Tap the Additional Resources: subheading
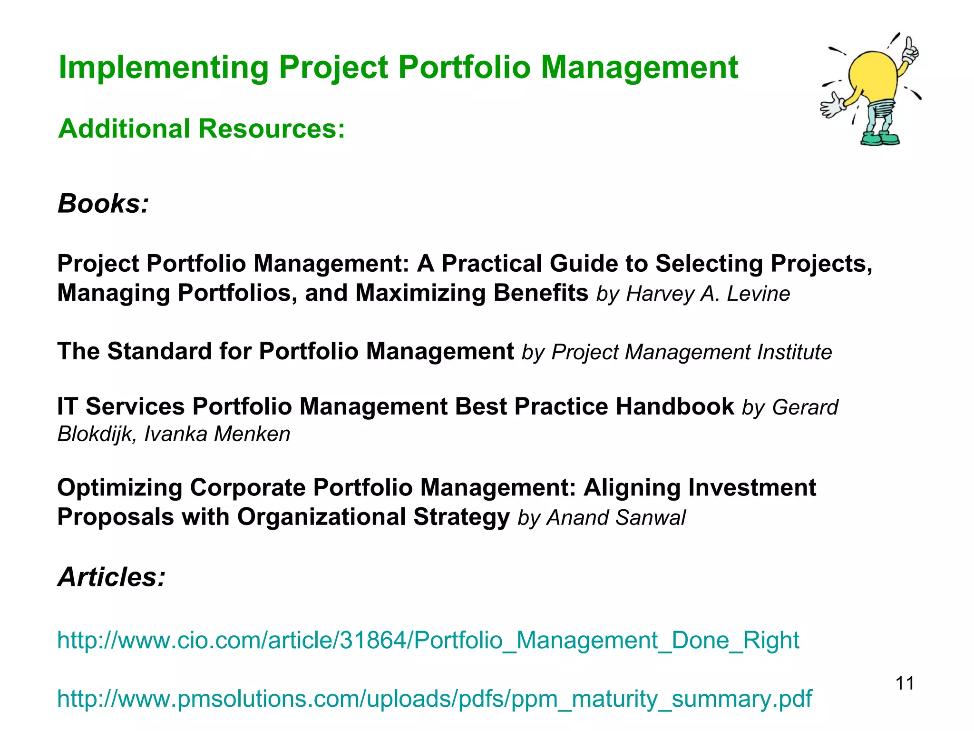pos(201,128)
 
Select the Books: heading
pos(103,204)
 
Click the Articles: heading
pos(111,577)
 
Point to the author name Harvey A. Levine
pos(708,294)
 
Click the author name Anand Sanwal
pos(616,518)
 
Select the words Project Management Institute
pos(692,353)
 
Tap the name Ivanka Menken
pos(217,434)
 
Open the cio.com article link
pos(428,640)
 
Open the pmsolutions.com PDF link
pos(434,699)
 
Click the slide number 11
pos(905,683)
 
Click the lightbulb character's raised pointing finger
pos(909,45)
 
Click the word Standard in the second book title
pos(159,352)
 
